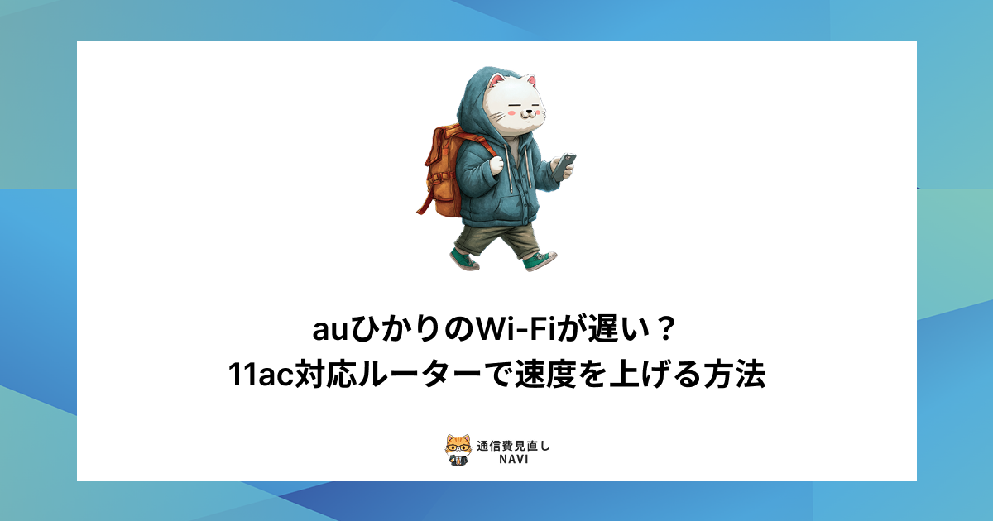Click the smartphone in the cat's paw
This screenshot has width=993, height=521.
pos(564,166)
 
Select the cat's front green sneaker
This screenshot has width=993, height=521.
pos(539,261)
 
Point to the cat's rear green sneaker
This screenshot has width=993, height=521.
pos(464,260)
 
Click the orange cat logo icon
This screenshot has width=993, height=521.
pos(458,450)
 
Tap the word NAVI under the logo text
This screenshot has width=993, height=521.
pos(513,460)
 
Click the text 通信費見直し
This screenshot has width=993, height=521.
pos(513,446)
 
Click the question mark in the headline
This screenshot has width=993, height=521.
pos(666,330)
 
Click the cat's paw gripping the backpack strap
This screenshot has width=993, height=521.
pos(496,165)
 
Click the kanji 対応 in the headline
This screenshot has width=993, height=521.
pos(325,375)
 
